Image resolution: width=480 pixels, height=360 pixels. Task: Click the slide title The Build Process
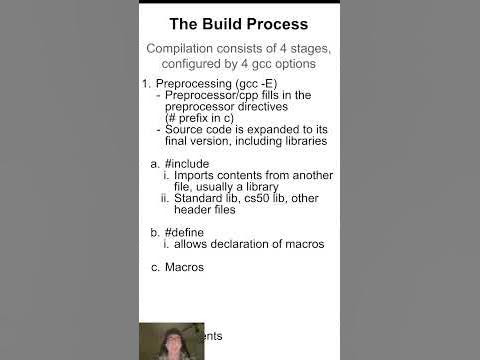(238, 23)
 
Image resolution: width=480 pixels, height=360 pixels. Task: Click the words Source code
(200, 129)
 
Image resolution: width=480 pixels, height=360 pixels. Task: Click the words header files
(204, 209)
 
